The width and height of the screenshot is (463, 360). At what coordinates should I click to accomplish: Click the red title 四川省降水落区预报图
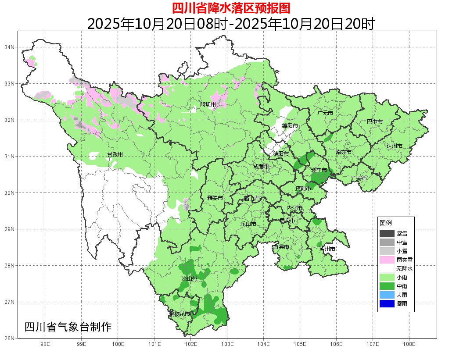tap(231, 8)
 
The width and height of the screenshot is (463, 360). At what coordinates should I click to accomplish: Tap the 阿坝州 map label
tap(208, 104)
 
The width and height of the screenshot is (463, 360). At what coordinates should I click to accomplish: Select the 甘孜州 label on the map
tap(115, 155)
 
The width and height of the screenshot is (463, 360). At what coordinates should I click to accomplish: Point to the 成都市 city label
tap(262, 167)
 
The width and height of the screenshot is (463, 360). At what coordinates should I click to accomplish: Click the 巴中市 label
tap(374, 122)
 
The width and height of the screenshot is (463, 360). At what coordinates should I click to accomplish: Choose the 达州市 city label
tap(395, 146)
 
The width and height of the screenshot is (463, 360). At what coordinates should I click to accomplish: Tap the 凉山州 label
tap(190, 279)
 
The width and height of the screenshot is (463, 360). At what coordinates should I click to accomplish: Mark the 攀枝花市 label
tap(179, 314)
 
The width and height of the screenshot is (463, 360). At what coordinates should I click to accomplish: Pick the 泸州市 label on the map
tap(327, 249)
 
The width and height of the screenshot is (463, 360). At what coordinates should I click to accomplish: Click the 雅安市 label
tap(215, 198)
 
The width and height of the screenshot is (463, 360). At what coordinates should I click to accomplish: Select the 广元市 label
tap(325, 113)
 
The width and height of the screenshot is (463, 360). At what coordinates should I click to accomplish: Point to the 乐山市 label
tap(248, 224)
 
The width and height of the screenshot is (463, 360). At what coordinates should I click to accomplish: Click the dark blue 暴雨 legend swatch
tap(387, 303)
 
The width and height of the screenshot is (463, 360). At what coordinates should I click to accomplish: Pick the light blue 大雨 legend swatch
tap(387, 295)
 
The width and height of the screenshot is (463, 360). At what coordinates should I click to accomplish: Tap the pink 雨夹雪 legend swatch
tap(387, 260)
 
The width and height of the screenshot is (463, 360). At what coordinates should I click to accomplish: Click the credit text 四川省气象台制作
tap(68, 327)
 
